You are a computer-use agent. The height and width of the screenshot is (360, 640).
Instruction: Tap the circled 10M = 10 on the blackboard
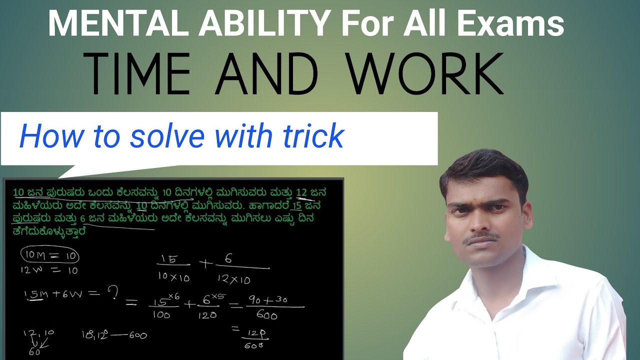tap(49, 256)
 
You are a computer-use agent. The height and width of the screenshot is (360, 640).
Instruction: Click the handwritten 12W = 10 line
tap(48, 270)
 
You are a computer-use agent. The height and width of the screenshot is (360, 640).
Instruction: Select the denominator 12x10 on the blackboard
tap(234, 279)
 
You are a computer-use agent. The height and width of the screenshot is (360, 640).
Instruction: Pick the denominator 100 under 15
tap(161, 315)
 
